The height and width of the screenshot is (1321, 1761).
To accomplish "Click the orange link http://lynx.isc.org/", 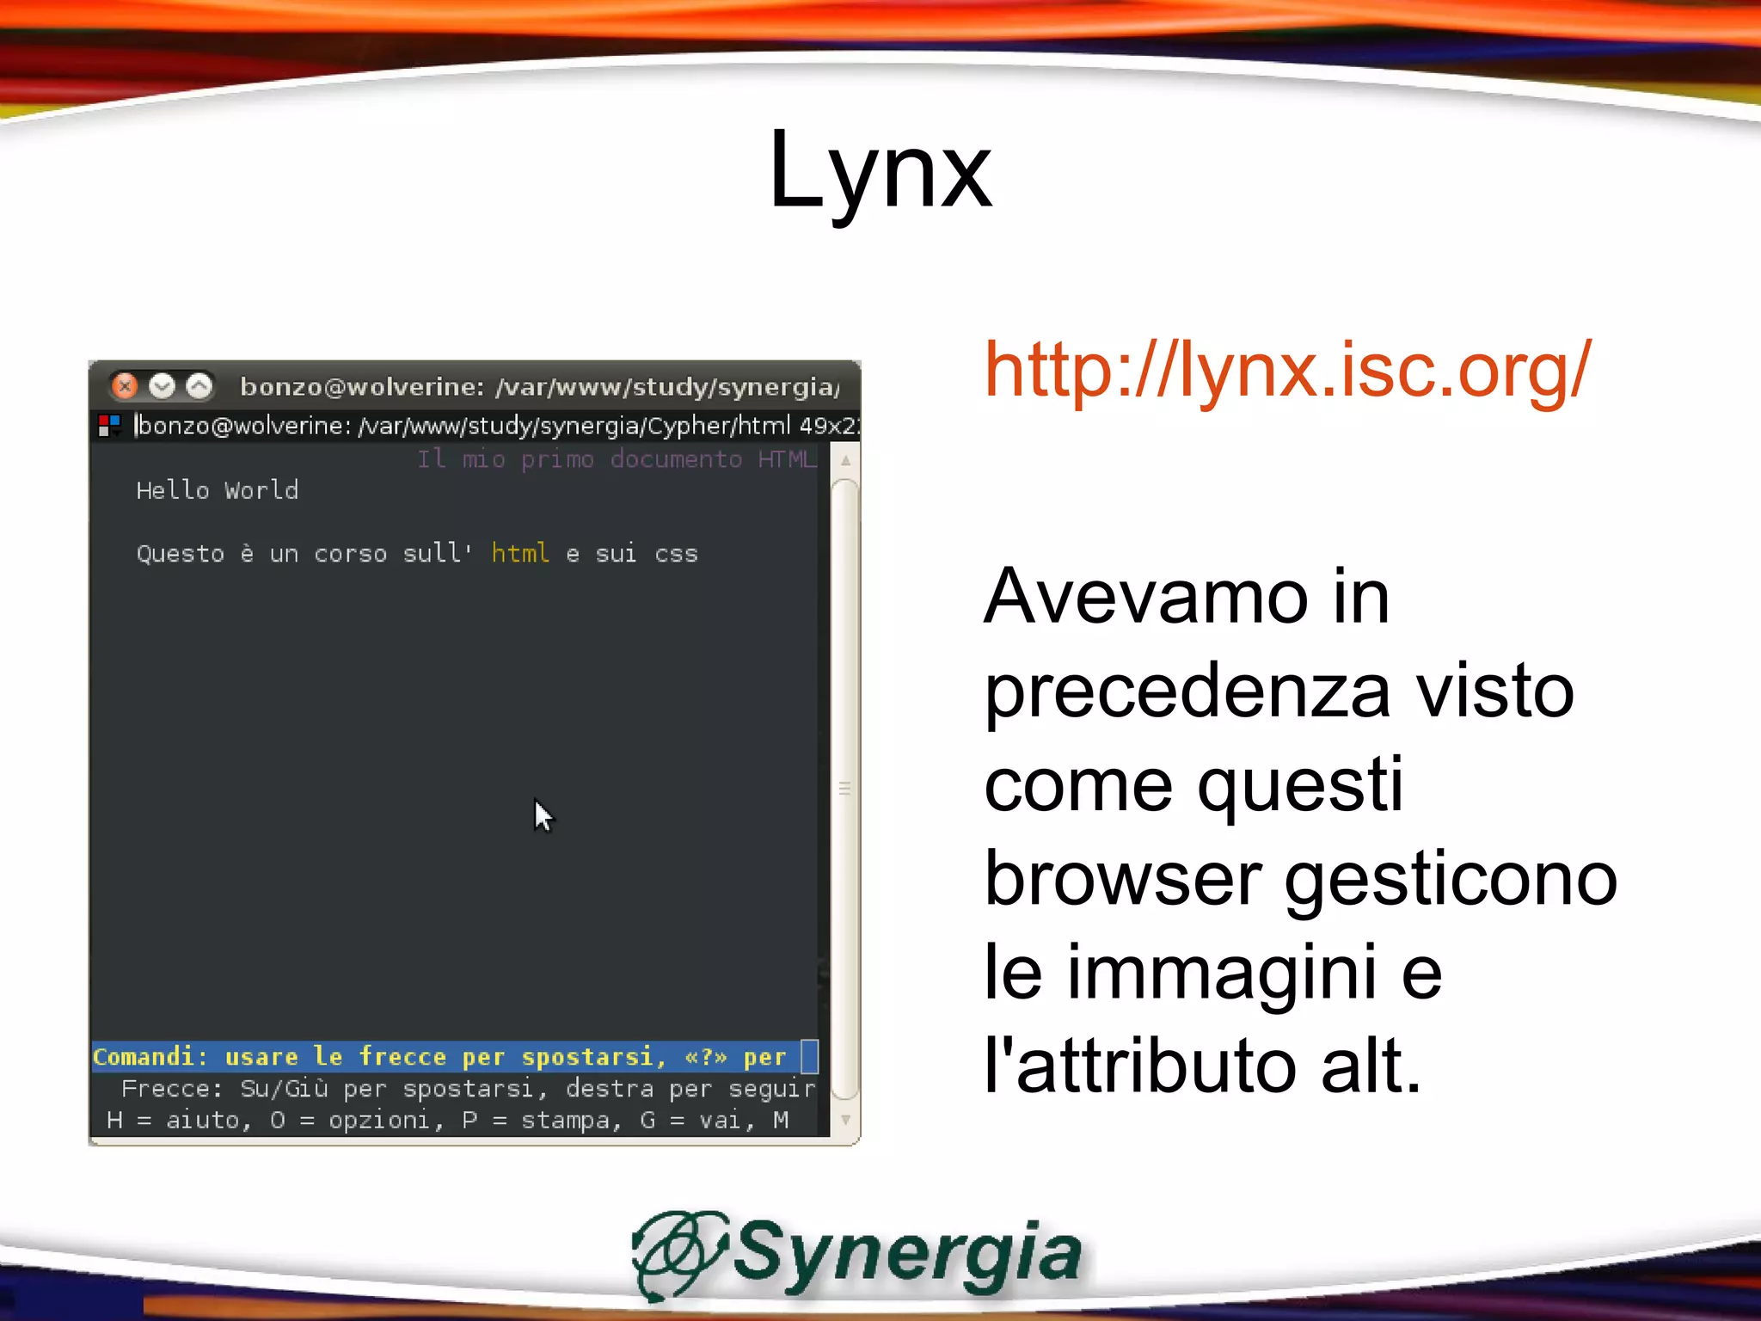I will pos(1287,370).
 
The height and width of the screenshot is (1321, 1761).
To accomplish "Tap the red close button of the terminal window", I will pos(126,386).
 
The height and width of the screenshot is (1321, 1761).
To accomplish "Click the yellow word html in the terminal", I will pos(520,553).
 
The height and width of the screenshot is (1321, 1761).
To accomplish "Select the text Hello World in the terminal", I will pos(217,490).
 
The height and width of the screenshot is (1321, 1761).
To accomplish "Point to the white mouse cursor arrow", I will pos(543,814).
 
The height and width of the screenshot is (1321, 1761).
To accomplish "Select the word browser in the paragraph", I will pos(1122,878).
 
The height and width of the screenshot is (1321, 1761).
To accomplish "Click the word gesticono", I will pos(1451,878).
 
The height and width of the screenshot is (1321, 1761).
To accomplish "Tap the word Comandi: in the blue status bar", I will pos(150,1056).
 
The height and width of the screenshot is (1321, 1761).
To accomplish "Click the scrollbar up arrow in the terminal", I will pos(846,461).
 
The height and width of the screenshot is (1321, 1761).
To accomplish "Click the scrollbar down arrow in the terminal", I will pos(846,1120).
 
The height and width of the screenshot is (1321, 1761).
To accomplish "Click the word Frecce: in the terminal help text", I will pos(172,1089).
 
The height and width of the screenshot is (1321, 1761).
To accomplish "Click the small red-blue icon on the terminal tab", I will pos(109,425).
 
